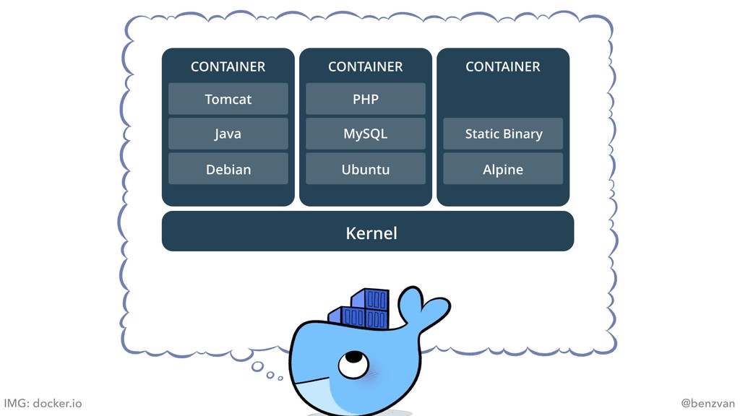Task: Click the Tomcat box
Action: coord(228,99)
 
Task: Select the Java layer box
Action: coord(228,134)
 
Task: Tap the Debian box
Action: coord(228,170)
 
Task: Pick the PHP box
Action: coord(365,99)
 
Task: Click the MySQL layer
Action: coord(365,134)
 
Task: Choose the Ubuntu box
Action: coord(365,170)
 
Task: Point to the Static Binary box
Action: coord(503,134)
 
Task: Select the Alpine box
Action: coord(503,170)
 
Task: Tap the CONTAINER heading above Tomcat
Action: coord(228,66)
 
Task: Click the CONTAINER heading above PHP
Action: coord(365,66)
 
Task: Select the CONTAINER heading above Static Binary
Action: coord(503,66)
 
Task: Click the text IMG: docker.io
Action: coord(43,403)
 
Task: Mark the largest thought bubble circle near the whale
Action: coord(258,366)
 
